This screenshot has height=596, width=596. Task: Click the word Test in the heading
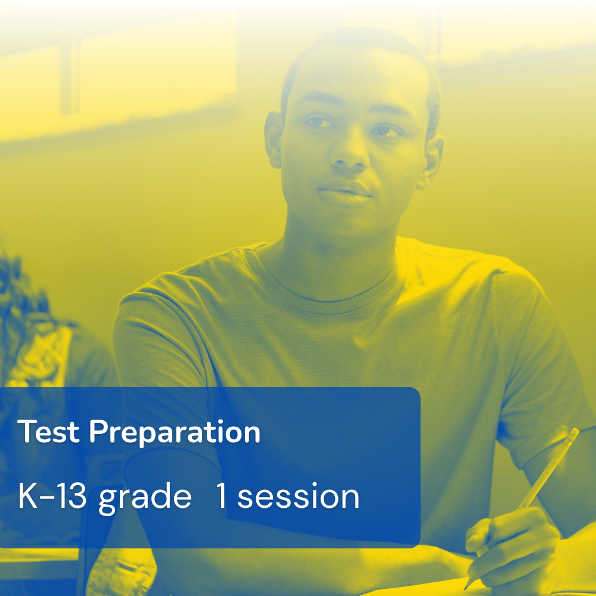[x=49, y=432]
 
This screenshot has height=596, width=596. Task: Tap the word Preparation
[x=175, y=433]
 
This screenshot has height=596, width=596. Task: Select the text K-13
[x=52, y=496]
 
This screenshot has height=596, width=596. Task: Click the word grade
[x=145, y=498]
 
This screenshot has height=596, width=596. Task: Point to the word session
[x=299, y=496]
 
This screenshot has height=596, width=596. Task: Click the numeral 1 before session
[x=222, y=496]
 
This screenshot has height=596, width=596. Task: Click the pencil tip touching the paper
[x=467, y=586]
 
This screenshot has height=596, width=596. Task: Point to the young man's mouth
[x=344, y=192]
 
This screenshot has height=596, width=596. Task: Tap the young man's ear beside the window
[x=274, y=139]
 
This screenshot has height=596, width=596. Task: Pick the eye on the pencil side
[x=386, y=131]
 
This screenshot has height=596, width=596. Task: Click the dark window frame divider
[x=70, y=76]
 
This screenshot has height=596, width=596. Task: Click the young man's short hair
[x=361, y=49]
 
